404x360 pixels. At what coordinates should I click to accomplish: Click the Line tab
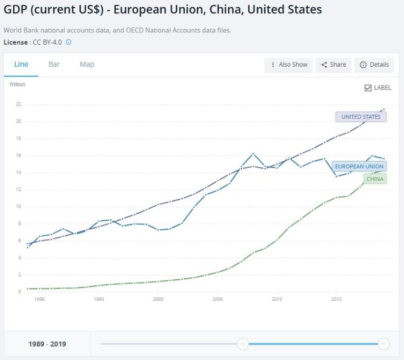(x=21, y=64)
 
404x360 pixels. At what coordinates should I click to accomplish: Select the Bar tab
(x=54, y=64)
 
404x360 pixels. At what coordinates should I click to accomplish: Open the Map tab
(x=87, y=64)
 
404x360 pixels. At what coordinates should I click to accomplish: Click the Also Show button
(x=289, y=65)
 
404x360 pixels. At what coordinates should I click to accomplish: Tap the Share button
(x=333, y=65)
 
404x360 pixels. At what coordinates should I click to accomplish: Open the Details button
(x=374, y=65)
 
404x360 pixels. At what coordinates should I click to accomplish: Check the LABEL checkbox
(x=368, y=88)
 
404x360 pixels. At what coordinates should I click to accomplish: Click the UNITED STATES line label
(x=360, y=117)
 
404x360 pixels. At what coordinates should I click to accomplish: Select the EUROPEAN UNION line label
(x=359, y=166)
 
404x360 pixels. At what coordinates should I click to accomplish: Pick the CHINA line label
(x=375, y=179)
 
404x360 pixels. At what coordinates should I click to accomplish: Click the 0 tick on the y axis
(x=19, y=292)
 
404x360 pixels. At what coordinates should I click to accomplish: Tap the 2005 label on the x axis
(x=218, y=299)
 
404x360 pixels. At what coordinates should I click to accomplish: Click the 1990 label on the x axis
(x=39, y=299)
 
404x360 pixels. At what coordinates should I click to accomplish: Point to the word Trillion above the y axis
(x=17, y=84)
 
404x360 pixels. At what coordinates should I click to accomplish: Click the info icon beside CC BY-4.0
(x=68, y=42)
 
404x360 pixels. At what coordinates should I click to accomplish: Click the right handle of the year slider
(x=384, y=344)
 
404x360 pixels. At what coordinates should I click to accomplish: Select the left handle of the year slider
(x=243, y=344)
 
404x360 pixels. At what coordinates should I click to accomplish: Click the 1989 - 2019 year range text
(x=47, y=344)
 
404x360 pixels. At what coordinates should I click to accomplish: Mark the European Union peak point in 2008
(x=253, y=154)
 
